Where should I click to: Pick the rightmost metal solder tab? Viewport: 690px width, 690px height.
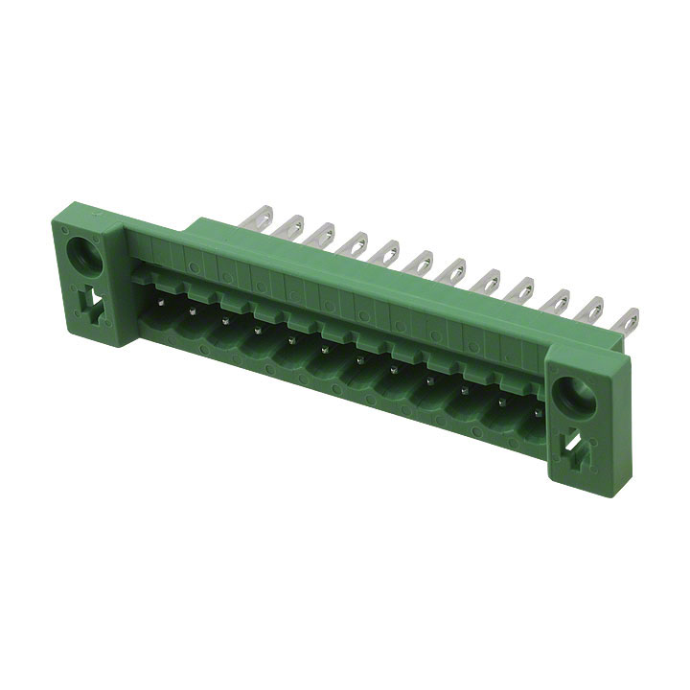[x=629, y=321]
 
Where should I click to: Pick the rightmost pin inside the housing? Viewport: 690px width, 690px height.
[x=538, y=413]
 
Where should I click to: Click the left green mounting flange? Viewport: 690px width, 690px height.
[x=88, y=278]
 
